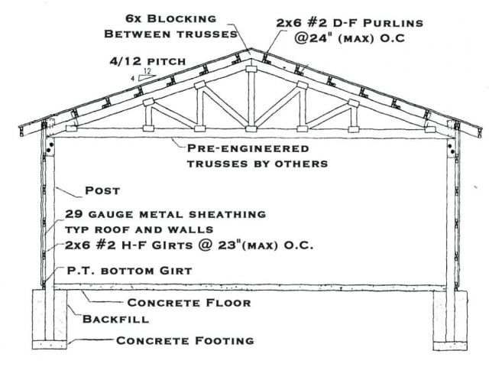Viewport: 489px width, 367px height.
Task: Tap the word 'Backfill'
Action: [110, 320]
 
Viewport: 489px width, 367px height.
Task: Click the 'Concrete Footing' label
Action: [184, 339]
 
